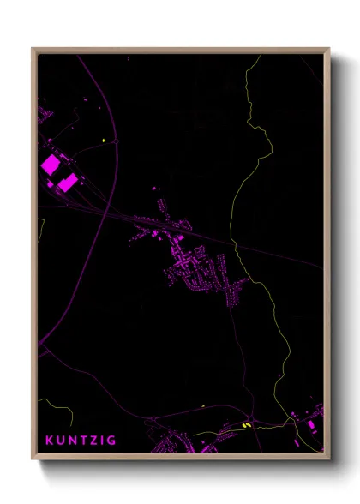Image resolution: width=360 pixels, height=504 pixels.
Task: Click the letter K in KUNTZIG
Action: (50, 441)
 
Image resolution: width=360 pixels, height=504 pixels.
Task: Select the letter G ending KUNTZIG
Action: (112, 441)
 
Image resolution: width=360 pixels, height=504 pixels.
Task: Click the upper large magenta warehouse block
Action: (51, 163)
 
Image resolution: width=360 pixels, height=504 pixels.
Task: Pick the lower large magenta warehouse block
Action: (68, 181)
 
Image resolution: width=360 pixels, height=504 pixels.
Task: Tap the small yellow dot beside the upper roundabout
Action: (104, 140)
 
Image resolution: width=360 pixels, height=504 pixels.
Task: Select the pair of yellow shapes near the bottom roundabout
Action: (247, 423)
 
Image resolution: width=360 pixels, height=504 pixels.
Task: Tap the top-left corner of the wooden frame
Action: (33, 49)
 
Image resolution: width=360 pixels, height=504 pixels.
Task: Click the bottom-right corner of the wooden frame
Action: (329, 459)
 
